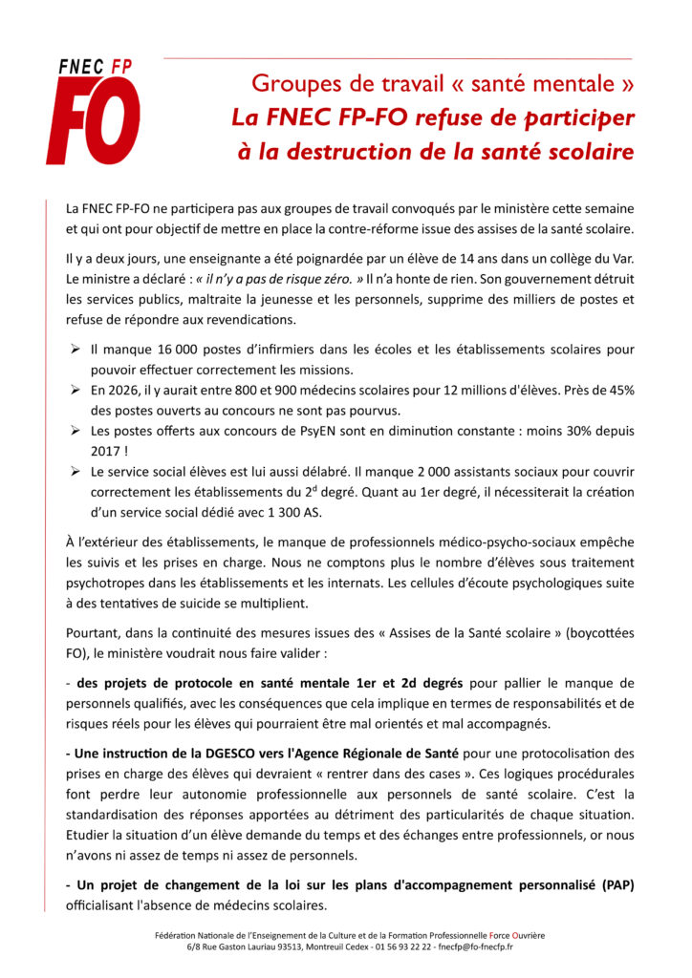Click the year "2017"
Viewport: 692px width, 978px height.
pyautogui.click(x=110, y=451)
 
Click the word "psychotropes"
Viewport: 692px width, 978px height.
pyautogui.click(x=106, y=584)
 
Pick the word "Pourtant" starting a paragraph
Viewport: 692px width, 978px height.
pyautogui.click(x=94, y=632)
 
